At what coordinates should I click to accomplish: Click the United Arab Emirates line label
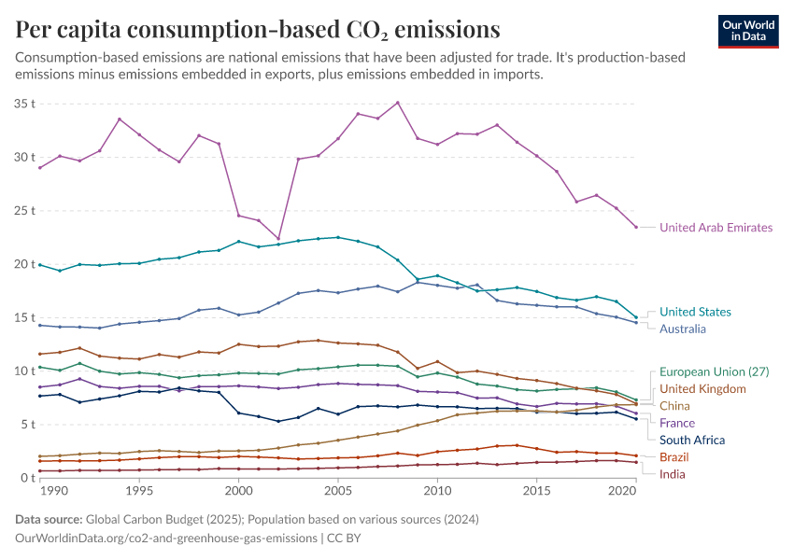tap(716, 227)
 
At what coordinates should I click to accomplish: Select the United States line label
tap(695, 312)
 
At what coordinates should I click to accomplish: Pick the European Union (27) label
tap(714, 371)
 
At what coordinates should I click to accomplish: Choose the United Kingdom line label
tap(702, 388)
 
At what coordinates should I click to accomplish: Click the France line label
tap(677, 423)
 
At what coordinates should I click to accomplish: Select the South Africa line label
tap(692, 440)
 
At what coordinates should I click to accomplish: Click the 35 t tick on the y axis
tap(24, 103)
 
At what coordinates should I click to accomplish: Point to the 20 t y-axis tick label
tap(24, 263)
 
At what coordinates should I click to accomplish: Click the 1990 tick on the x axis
tap(54, 490)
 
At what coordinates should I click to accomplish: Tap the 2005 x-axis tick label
tap(337, 490)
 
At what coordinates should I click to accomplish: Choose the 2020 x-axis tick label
tap(621, 490)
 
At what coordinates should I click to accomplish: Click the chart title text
tap(258, 29)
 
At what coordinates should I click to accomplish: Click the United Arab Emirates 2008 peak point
tap(398, 103)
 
